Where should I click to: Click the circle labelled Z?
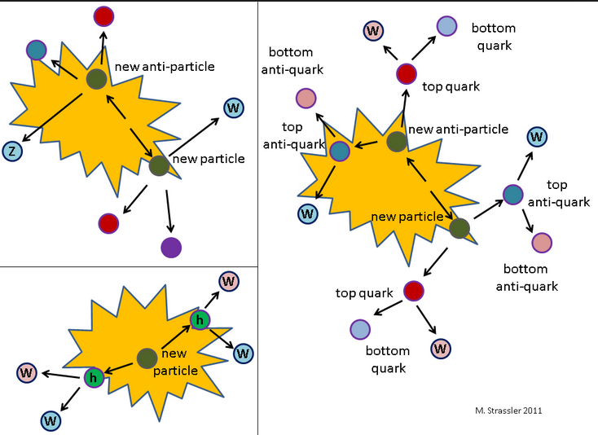point(11,151)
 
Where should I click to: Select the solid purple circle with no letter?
point(171,247)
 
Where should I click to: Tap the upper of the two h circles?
point(200,320)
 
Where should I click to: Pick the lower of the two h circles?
point(94,377)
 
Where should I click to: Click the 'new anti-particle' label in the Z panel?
point(165,67)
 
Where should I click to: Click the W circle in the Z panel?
point(233,107)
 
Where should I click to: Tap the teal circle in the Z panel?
point(36,51)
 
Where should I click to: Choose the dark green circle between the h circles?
point(147,358)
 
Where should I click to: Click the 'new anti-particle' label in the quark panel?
point(458,130)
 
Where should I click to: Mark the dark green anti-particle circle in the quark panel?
point(397,142)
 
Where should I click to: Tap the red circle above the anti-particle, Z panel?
point(103,15)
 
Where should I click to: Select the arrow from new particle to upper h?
point(174,338)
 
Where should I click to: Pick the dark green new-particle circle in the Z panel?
point(159,165)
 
